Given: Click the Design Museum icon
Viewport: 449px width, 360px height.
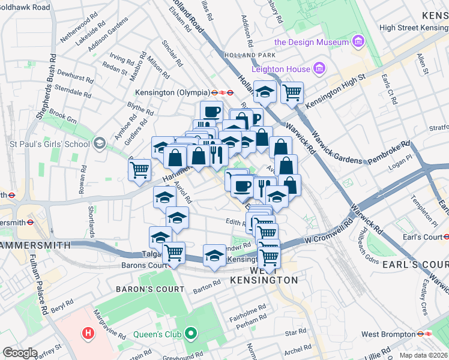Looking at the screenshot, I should [x=358, y=42].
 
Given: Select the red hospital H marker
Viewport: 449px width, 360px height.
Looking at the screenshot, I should [x=89, y=332].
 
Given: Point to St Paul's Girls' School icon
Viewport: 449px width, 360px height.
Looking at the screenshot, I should [x=99, y=143].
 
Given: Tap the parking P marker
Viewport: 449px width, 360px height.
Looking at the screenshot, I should [x=256, y=119].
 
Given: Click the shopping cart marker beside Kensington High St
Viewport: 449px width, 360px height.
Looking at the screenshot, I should [x=292, y=93].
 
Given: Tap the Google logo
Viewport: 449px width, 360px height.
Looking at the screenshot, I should [x=20, y=353].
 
